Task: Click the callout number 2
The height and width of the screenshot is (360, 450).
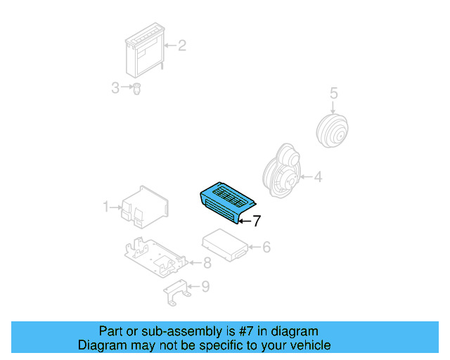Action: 181,46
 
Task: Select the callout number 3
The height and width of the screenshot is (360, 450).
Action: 115,88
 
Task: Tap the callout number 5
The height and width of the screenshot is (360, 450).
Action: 334,92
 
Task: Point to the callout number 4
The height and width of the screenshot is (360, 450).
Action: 318,177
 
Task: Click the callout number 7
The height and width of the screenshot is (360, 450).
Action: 257,221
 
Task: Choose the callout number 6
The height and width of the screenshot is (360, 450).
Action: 266,247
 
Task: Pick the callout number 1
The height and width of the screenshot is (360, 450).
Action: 106,207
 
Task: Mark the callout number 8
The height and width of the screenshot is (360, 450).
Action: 207,264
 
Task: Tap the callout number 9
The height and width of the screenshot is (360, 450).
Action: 205,286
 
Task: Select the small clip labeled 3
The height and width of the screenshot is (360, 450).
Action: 137,89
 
